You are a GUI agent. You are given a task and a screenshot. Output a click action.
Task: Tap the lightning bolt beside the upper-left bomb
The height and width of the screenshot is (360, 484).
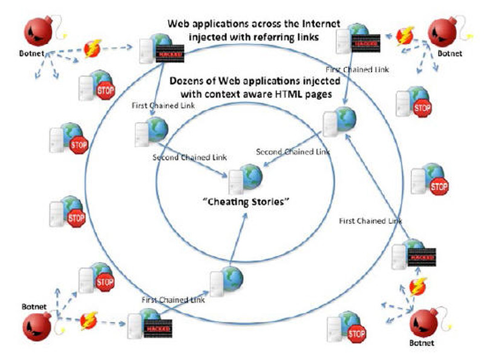[x=93, y=48]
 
